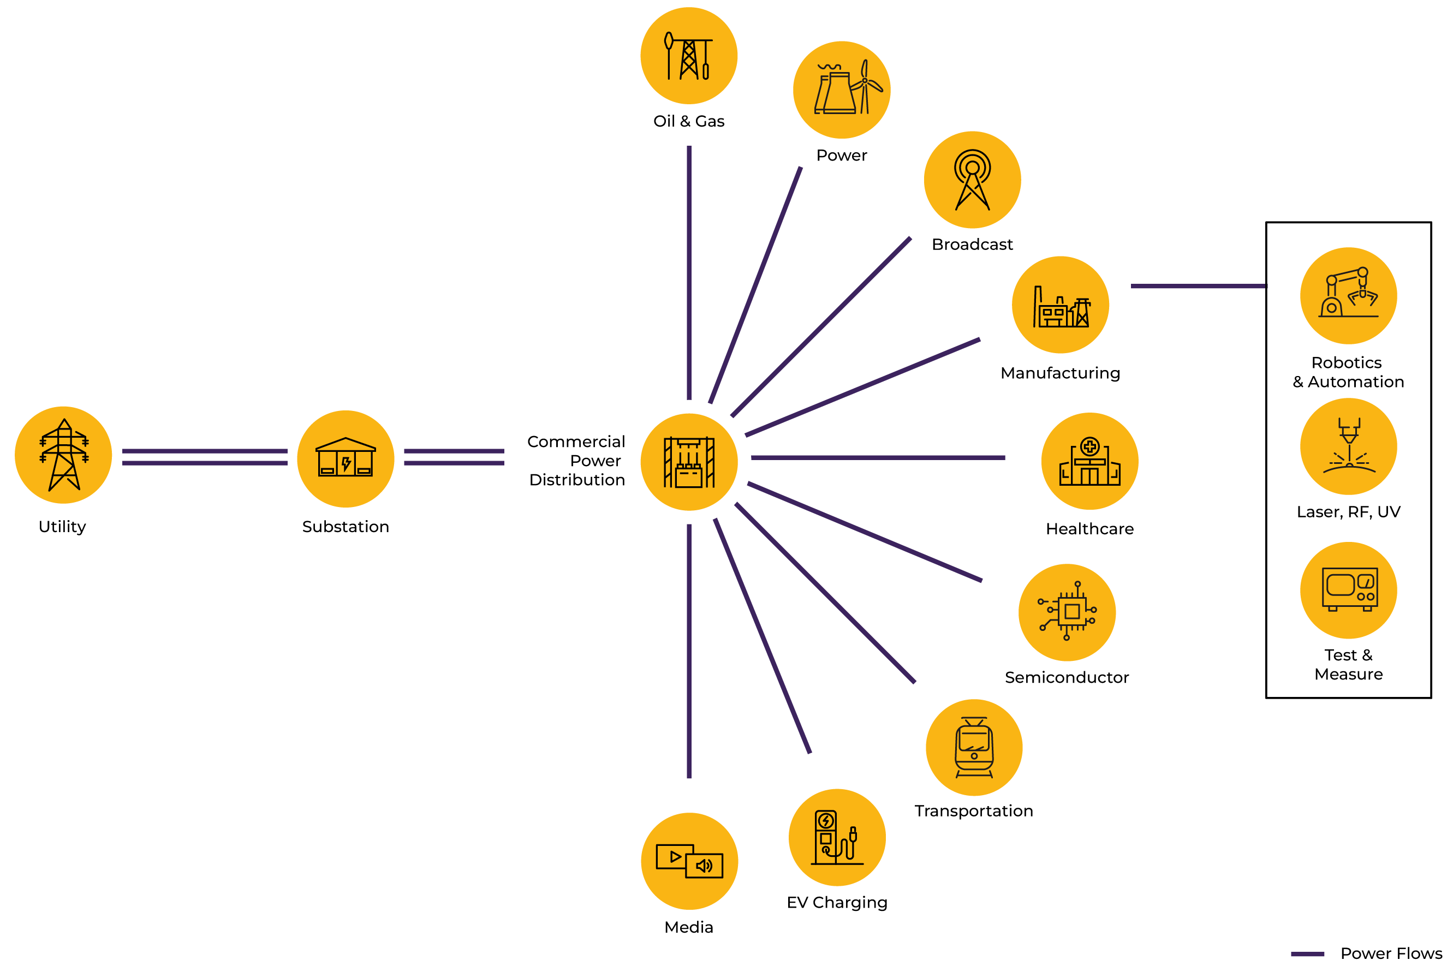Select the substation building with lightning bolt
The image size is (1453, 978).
pyautogui.click(x=345, y=458)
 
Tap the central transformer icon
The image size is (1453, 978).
pyautogui.click(x=689, y=462)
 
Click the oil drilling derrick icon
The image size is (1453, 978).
pyautogui.click(x=689, y=56)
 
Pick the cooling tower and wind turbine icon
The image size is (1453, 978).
pyautogui.click(x=842, y=90)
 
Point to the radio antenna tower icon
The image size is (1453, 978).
pyautogui.click(x=972, y=180)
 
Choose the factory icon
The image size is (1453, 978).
pyautogui.click(x=1060, y=305)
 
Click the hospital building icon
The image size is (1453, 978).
pyautogui.click(x=1089, y=461)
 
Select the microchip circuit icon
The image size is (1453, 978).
pyautogui.click(x=1067, y=612)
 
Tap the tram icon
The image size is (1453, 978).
pyautogui.click(x=974, y=747)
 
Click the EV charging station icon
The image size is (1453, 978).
pyautogui.click(x=837, y=837)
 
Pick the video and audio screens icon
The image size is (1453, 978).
pyautogui.click(x=689, y=861)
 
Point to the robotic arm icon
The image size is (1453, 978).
pyautogui.click(x=1348, y=296)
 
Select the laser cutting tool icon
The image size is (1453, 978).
pyautogui.click(x=1348, y=446)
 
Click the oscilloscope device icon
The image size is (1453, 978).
pyautogui.click(x=1348, y=590)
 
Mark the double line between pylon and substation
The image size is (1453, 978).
pyautogui.click(x=205, y=457)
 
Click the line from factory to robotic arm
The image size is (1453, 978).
pyautogui.click(x=1198, y=287)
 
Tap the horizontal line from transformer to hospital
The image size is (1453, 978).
pyautogui.click(x=878, y=458)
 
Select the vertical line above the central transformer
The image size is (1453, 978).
pyautogui.click(x=689, y=272)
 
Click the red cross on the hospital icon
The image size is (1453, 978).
pyautogui.click(x=1089, y=446)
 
